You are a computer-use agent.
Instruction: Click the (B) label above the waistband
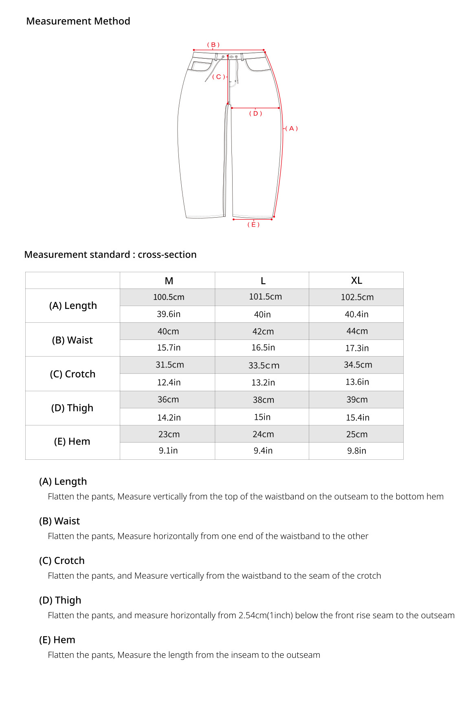pos(213,45)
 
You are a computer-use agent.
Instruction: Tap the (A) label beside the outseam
pos(292,128)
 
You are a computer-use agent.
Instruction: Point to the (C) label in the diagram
pos(218,77)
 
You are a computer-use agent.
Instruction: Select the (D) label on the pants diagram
pos(255,113)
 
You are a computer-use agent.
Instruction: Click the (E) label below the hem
pos(253,225)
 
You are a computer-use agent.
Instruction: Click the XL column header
pos(356,280)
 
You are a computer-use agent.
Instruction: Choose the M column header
pos(169,281)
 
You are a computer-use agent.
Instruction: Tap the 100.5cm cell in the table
pos(169,297)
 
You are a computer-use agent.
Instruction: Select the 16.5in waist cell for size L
pos(263,348)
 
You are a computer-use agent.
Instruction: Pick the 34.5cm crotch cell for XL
pos(358,365)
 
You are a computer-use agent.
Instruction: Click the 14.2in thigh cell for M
pos(169,417)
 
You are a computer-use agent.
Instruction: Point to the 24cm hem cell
pos(263,434)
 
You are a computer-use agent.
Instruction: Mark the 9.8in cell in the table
pos(356,451)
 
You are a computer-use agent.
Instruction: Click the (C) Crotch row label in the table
pos(73,374)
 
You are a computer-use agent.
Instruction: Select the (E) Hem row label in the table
pos(72,441)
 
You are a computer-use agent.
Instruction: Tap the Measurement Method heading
pos(78,21)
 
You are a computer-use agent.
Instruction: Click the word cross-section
pos(167,255)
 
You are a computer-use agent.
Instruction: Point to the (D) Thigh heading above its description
pos(60,600)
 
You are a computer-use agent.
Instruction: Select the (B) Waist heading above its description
pos(59,521)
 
